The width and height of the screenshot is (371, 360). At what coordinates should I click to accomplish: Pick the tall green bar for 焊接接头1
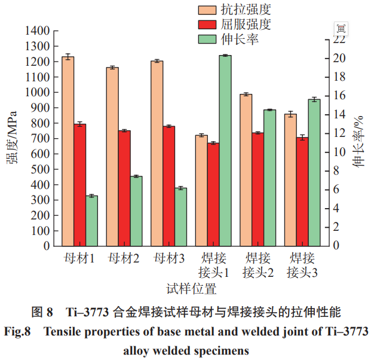coord(225,150)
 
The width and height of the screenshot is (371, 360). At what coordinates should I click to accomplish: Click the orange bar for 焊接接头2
coord(245,170)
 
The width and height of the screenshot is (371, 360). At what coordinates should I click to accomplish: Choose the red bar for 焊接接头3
coord(302,191)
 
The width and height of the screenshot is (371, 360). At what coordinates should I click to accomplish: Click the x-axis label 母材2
coord(124,259)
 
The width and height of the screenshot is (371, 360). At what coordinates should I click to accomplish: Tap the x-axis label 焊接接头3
coord(302,266)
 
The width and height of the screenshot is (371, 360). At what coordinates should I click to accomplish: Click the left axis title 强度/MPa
coord(11,138)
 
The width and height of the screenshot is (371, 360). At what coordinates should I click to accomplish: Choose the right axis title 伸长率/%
coord(358,141)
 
